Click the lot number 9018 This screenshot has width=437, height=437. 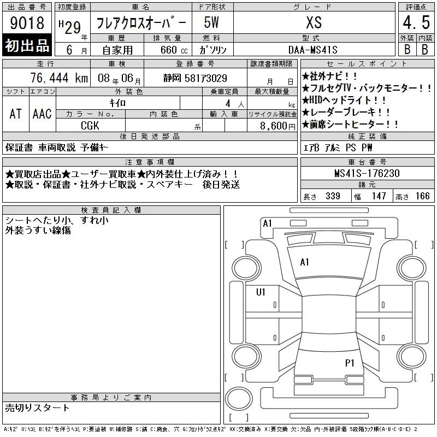27,22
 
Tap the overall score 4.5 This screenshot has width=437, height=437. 416,22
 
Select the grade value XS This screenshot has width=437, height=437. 314,22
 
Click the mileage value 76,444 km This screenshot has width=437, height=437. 59,78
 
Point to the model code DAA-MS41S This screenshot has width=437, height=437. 312,50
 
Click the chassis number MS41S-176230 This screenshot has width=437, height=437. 367,173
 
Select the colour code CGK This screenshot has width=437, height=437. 90,126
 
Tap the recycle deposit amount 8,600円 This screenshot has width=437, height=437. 277,126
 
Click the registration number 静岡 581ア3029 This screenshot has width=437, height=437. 195,78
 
